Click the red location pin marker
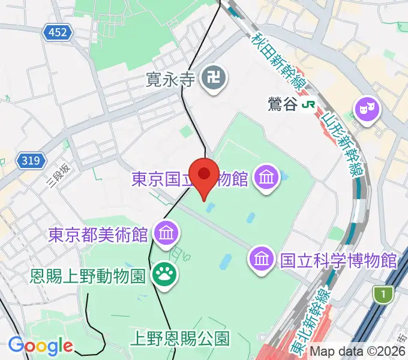pos(204,176)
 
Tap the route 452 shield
pos(58,33)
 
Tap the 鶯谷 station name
pos(282,104)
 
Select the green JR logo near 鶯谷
pos(310,104)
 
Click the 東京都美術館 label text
pos(98,233)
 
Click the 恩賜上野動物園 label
pos(88,277)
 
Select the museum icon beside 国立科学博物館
pos(262,259)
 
